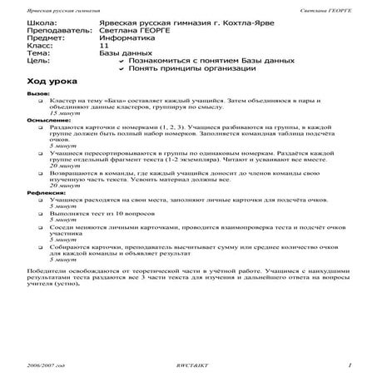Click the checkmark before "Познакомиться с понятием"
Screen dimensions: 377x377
click(122, 69)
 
